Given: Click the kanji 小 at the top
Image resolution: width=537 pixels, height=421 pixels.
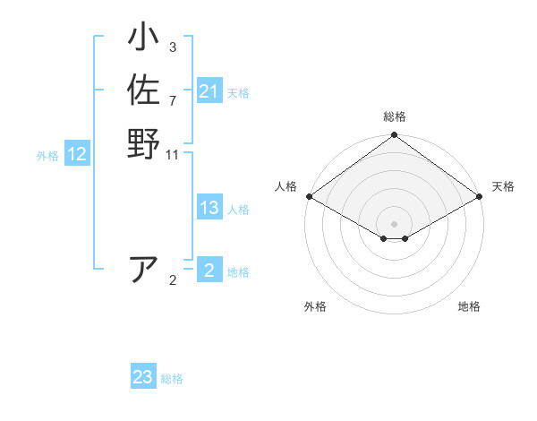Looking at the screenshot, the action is click(x=143, y=40).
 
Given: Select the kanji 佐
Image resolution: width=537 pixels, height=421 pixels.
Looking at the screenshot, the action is click(x=143, y=90).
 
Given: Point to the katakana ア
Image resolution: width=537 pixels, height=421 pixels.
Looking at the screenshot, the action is click(x=143, y=269).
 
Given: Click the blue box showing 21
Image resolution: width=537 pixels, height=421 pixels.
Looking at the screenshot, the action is click(x=209, y=91).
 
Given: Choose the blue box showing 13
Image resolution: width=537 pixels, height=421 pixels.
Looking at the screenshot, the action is click(x=209, y=209).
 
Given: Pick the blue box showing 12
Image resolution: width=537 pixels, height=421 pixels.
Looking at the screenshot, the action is click(x=77, y=155).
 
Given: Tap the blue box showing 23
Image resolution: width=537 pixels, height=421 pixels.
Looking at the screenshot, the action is click(x=143, y=378).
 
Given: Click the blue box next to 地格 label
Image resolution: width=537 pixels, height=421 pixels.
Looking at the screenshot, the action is click(x=209, y=271).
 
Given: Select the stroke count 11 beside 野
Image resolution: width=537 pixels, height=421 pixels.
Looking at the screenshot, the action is click(x=173, y=155).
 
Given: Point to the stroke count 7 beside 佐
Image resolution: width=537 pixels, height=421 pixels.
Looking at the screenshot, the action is click(x=173, y=100).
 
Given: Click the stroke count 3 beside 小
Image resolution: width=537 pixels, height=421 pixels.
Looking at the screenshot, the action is click(x=173, y=47).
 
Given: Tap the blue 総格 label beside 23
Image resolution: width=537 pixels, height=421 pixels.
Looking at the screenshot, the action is click(x=173, y=379).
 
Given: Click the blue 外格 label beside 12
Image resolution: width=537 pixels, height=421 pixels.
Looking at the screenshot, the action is click(x=47, y=156).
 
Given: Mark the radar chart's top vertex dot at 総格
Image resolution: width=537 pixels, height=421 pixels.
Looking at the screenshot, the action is click(x=394, y=136).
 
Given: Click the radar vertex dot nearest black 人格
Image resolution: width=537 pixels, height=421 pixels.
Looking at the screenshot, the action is click(x=308, y=196).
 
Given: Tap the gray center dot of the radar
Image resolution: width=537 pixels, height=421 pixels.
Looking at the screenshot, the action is click(x=394, y=223).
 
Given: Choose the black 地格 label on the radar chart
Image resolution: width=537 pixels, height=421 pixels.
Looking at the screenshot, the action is click(x=469, y=306).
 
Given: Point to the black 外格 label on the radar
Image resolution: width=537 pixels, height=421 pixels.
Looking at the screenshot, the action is click(x=315, y=306).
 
